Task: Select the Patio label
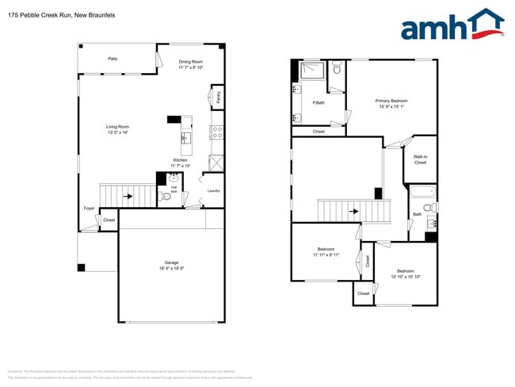(113, 58)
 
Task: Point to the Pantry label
(218, 98)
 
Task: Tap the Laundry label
(213, 190)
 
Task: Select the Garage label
(171, 262)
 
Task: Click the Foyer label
(89, 209)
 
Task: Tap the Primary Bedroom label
(391, 101)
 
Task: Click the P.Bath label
(319, 103)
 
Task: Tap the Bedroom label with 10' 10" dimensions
(405, 271)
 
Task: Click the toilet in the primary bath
(337, 69)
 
